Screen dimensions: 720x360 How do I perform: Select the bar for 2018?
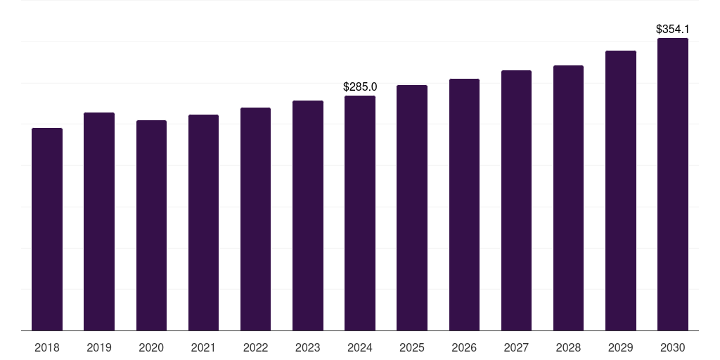[x=47, y=229]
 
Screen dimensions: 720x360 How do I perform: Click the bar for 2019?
[x=99, y=221]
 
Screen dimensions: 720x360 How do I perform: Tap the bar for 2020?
[x=152, y=226]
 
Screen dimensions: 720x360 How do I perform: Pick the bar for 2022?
[x=255, y=219]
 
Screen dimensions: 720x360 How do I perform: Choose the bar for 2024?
[x=360, y=213]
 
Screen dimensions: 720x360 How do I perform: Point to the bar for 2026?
[x=464, y=205]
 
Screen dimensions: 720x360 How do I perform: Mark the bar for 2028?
[x=568, y=198]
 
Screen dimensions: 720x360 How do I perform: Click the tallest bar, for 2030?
[x=673, y=184]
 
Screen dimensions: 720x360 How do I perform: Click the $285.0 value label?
[x=360, y=86]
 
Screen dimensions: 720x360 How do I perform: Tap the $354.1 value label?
[x=673, y=30]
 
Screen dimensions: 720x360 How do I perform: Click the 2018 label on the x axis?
[x=47, y=347]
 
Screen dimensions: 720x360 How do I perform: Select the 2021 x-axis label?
[x=203, y=347]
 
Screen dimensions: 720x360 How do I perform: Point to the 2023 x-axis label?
[x=308, y=347]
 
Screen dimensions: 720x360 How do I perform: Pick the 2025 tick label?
[x=412, y=347]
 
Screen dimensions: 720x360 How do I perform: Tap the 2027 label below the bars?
[x=516, y=347]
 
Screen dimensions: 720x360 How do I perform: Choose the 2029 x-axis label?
[x=620, y=347]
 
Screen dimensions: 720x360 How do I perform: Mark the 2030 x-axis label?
[x=673, y=347]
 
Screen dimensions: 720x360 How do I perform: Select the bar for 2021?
[x=203, y=223]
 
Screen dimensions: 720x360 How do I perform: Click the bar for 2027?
[x=516, y=200]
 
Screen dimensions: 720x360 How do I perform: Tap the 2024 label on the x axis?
[x=360, y=347]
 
